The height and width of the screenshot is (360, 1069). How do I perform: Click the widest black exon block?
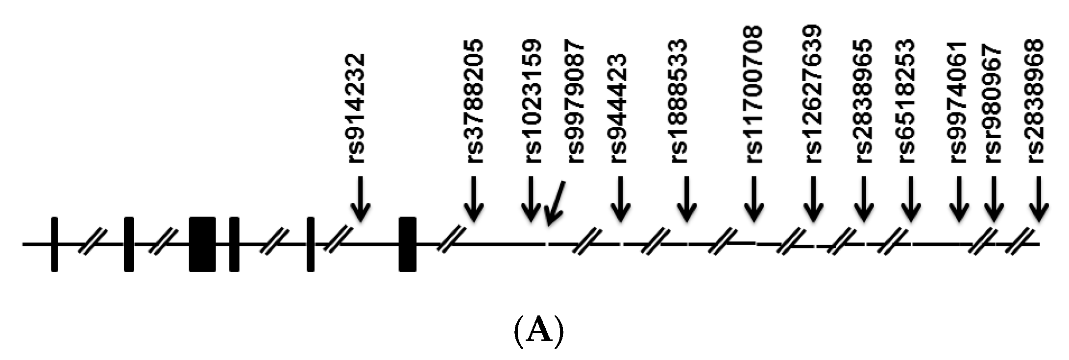202,243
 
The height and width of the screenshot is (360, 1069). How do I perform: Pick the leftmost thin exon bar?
54,243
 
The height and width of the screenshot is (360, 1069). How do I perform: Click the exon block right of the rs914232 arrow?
407,243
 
